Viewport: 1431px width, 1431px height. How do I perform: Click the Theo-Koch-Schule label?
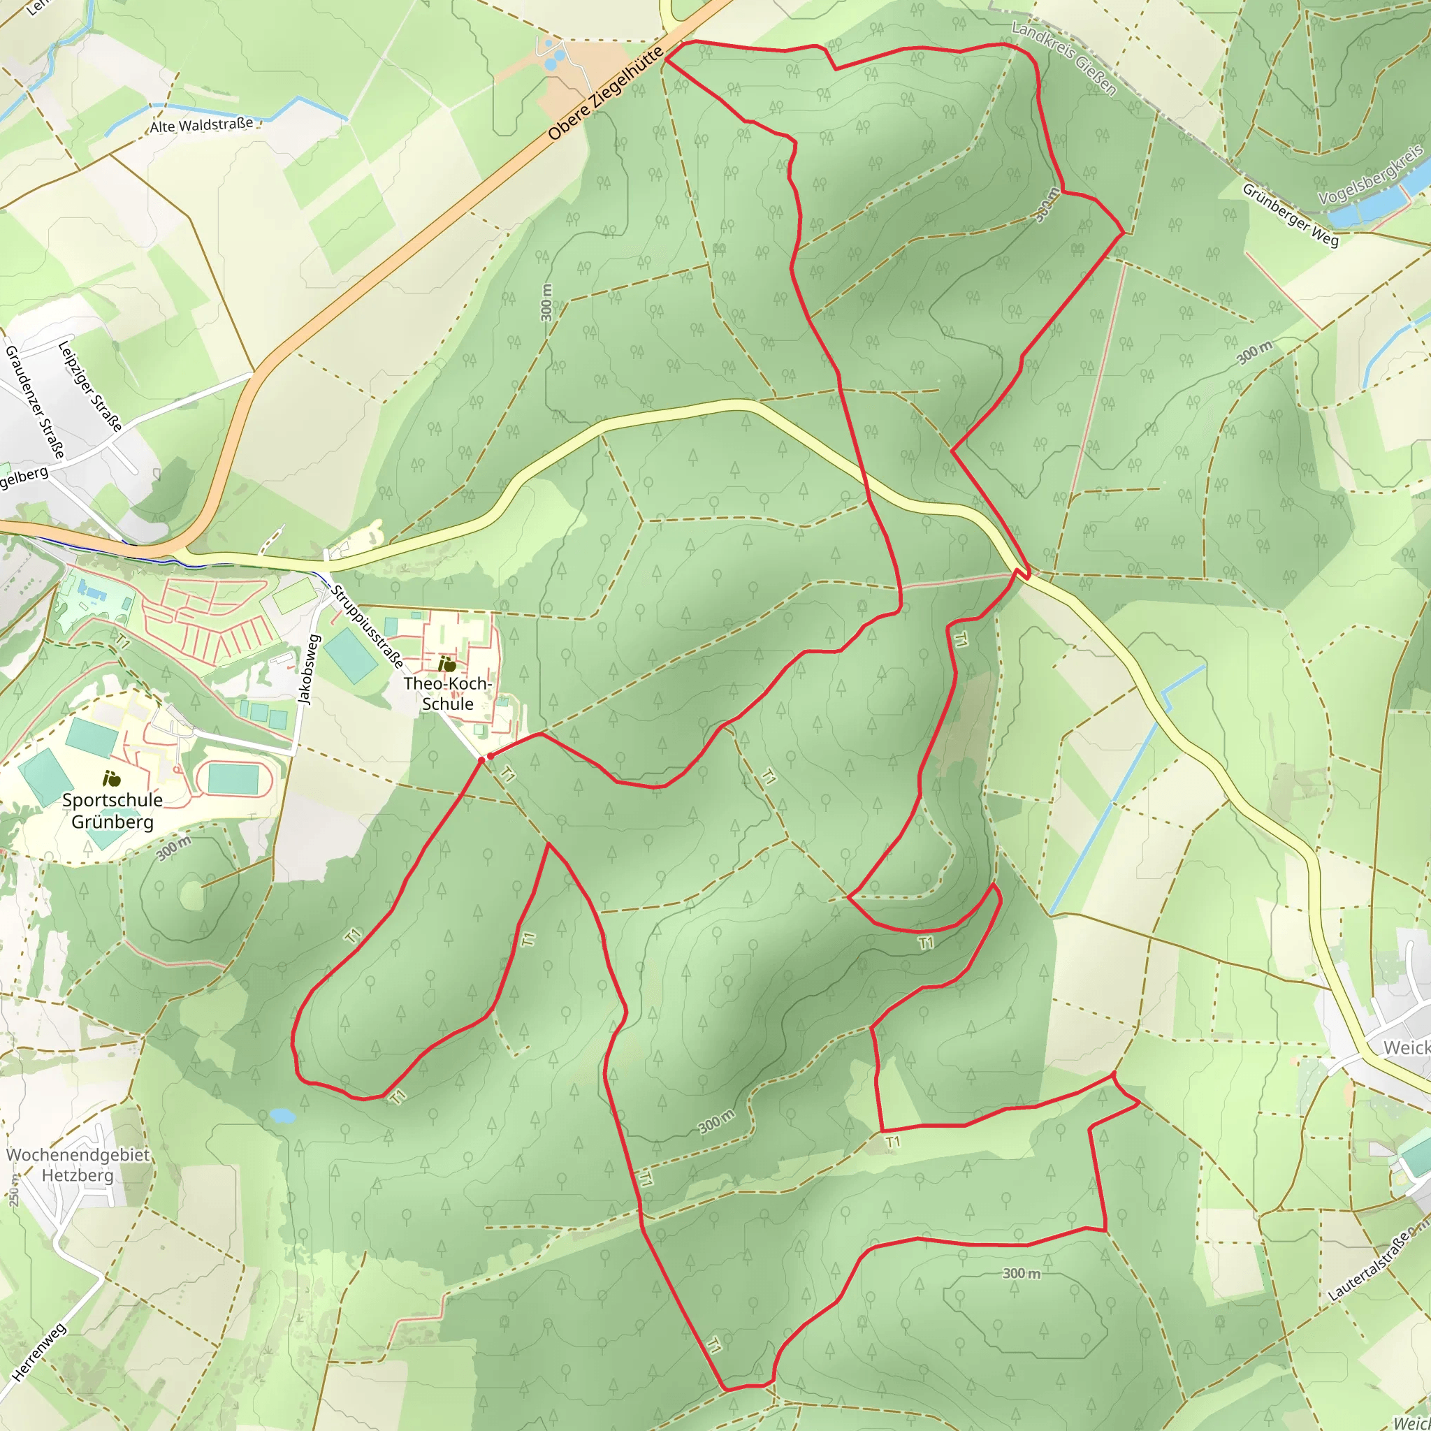pyautogui.click(x=447, y=693)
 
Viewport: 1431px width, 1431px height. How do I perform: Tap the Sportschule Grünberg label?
pyautogui.click(x=112, y=811)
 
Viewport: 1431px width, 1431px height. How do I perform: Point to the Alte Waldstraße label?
pyautogui.click(x=201, y=125)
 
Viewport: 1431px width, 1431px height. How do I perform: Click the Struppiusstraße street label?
pyautogui.click(x=367, y=626)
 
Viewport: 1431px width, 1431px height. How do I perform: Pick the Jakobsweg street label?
pyautogui.click(x=307, y=669)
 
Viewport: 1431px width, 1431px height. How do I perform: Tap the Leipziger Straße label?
pyautogui.click(x=89, y=385)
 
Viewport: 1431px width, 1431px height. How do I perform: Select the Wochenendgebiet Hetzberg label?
pyautogui.click(x=78, y=1165)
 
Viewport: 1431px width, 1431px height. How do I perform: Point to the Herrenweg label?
pyautogui.click(x=39, y=1353)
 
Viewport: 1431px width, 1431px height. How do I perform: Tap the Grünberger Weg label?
pyautogui.click(x=1291, y=215)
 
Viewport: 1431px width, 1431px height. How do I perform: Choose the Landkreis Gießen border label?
pyautogui.click(x=1063, y=59)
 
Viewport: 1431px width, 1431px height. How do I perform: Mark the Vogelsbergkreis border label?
pyautogui.click(x=1371, y=174)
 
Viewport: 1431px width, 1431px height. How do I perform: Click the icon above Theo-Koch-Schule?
pyautogui.click(x=446, y=664)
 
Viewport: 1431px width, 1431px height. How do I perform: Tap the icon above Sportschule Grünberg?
pyautogui.click(x=112, y=778)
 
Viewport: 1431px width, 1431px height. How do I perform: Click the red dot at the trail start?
pyautogui.click(x=490, y=756)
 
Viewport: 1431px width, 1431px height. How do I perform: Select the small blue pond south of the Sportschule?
pyautogui.click(x=283, y=1114)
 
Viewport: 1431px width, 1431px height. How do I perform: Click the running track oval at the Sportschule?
pyautogui.click(x=233, y=779)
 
